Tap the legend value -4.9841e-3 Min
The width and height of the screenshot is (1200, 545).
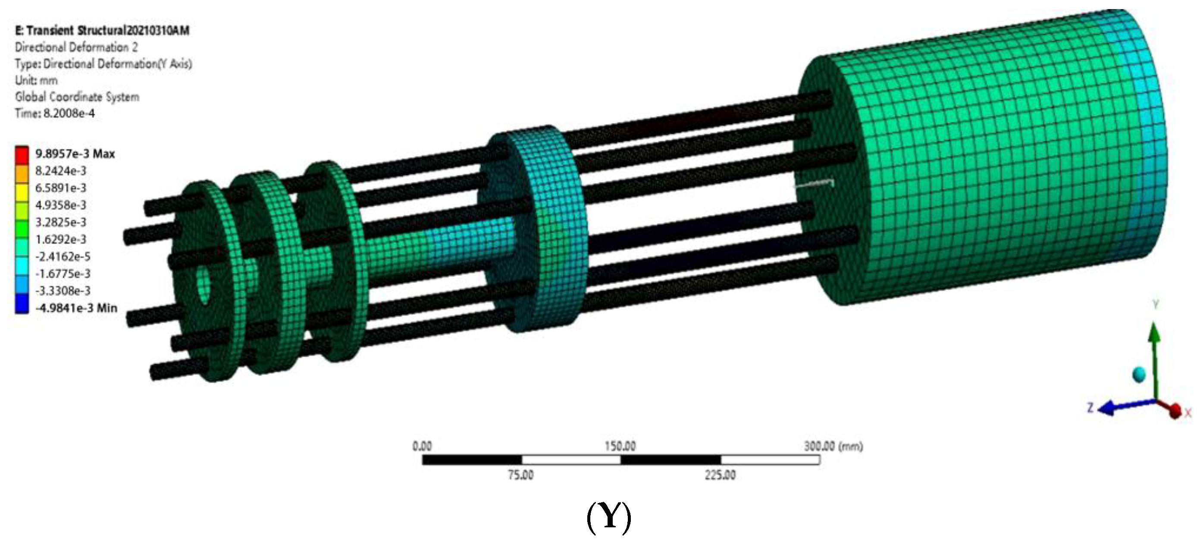[76, 308]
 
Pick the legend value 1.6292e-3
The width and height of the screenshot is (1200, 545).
[61, 239]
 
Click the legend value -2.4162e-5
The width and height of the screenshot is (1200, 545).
[63, 256]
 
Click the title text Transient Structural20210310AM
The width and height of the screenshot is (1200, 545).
[108, 31]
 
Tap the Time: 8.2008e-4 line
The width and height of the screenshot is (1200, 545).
[54, 113]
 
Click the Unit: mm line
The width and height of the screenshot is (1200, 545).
[36, 80]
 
